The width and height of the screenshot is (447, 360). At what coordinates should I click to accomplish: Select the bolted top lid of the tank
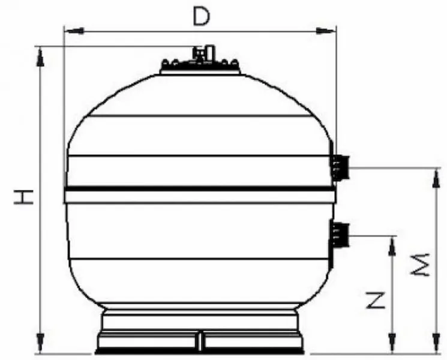tap(200, 67)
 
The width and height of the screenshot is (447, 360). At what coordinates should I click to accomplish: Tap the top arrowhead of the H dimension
tap(40, 54)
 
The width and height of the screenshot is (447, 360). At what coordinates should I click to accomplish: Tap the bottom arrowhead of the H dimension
tap(40, 347)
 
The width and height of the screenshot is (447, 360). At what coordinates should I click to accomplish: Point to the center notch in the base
tap(200, 341)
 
